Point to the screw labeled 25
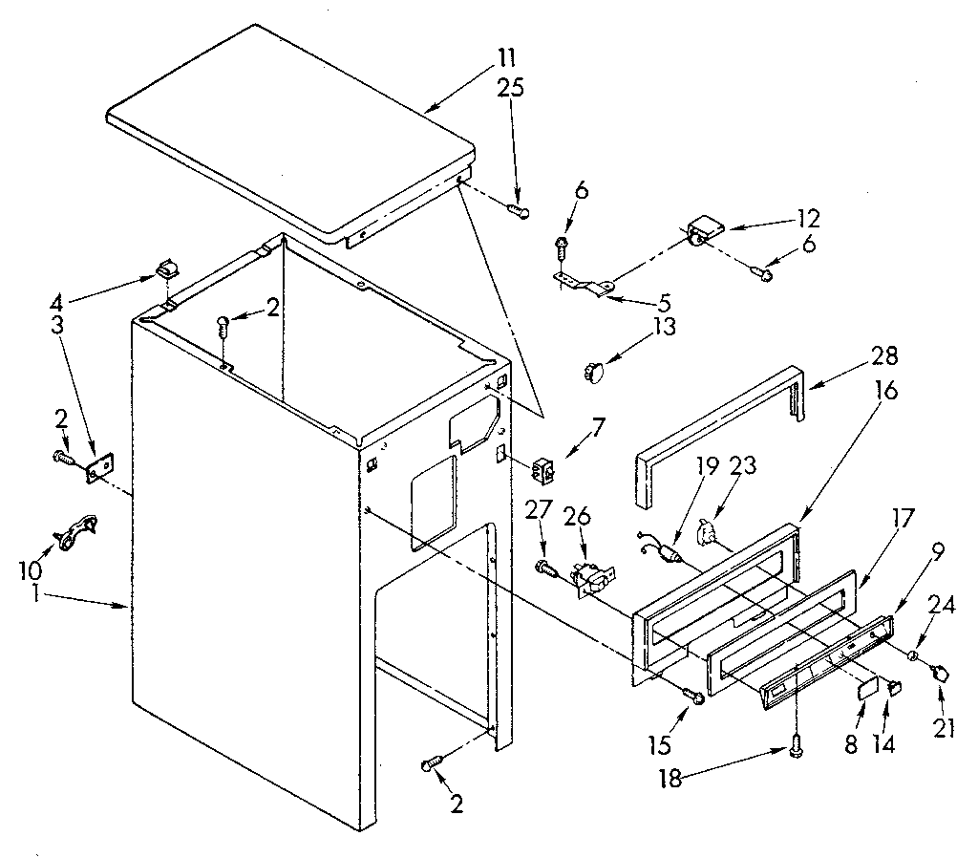520,210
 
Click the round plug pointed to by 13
594,368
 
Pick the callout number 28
884,355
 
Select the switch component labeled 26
590,579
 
